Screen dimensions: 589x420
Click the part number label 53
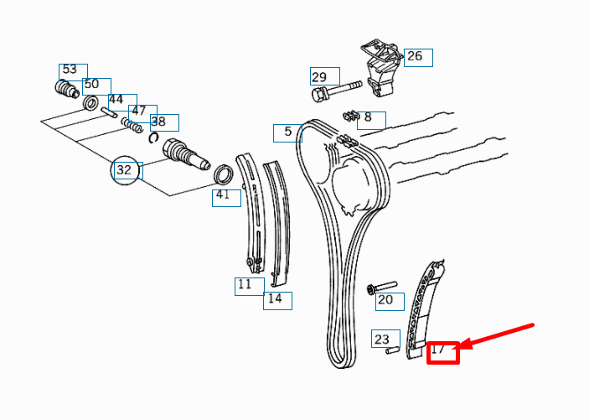pyautogui.click(x=70, y=70)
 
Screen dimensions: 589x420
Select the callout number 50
pyautogui.click(x=91, y=84)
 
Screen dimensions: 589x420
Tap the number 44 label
pyautogui.click(x=116, y=99)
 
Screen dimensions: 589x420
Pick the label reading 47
pyautogui.click(x=138, y=111)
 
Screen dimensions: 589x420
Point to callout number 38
pyautogui.click(x=158, y=122)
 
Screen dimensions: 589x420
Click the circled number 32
pyautogui.click(x=124, y=170)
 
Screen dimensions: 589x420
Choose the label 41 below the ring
pyautogui.click(x=223, y=194)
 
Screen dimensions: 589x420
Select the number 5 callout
pyautogui.click(x=287, y=132)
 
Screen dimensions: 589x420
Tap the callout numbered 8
pyautogui.click(x=368, y=117)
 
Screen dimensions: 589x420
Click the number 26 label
pyautogui.click(x=415, y=56)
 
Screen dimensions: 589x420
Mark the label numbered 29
pyautogui.click(x=319, y=77)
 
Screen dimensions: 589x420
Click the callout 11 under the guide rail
pyautogui.click(x=245, y=284)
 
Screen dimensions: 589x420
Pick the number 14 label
pyautogui.click(x=275, y=298)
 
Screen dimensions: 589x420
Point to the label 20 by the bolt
pyautogui.click(x=385, y=300)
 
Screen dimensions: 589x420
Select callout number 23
pyautogui.click(x=382, y=340)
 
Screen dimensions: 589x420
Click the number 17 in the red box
pyautogui.click(x=438, y=350)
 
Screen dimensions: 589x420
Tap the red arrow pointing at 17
pyautogui.click(x=497, y=335)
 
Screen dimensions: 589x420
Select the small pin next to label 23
pyautogui.click(x=393, y=350)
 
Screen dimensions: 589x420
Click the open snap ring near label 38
pyautogui.click(x=153, y=138)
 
